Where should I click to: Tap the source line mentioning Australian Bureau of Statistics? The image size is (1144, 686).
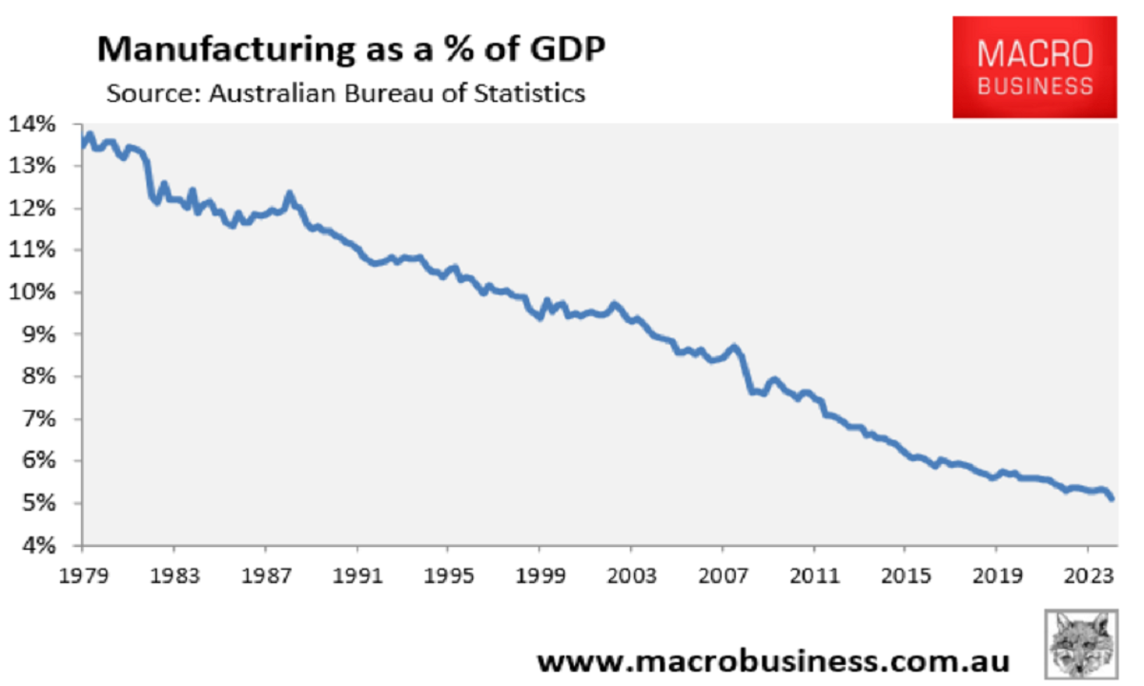(x=345, y=93)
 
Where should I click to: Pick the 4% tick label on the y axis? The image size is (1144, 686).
(x=37, y=546)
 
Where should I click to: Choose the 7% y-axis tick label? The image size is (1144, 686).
(x=37, y=419)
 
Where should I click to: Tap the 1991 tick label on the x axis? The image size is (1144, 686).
(x=357, y=576)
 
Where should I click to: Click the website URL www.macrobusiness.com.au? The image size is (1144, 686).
(x=773, y=660)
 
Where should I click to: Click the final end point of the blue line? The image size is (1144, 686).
(x=1113, y=497)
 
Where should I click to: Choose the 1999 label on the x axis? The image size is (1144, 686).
(x=540, y=576)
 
